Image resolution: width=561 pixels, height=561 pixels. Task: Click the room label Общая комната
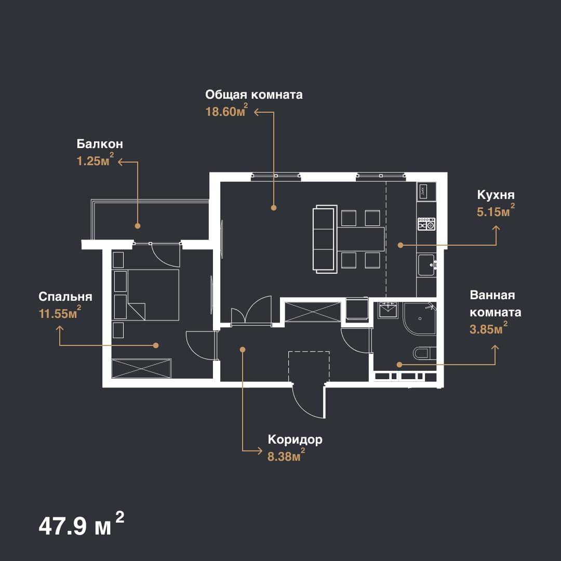(253, 95)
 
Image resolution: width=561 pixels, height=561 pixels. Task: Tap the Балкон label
(100, 144)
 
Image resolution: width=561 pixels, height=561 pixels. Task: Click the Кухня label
(496, 195)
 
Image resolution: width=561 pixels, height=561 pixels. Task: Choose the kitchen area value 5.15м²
(496, 210)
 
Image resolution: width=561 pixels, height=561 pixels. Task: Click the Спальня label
(65, 297)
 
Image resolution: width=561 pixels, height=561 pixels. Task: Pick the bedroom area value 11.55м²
(60, 312)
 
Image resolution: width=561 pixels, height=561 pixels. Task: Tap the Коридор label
(295, 439)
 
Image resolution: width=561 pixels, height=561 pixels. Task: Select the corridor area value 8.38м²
(286, 455)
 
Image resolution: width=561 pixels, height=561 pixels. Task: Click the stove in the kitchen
(426, 224)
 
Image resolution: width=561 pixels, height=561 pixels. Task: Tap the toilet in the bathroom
(425, 354)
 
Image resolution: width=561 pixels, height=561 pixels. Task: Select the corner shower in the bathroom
(420, 318)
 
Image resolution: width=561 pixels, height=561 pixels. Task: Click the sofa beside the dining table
(325, 239)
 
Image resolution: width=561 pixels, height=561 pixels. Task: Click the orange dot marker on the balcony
(138, 226)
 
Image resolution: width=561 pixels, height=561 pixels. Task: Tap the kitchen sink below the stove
(426, 265)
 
